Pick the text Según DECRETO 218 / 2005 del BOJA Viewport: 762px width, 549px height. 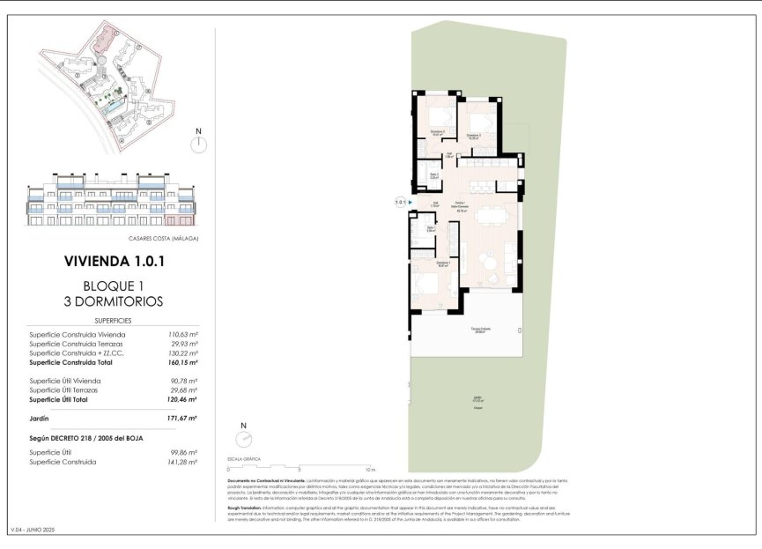pyautogui.click(x=85, y=438)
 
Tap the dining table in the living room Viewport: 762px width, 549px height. pyautogui.click(x=500, y=217)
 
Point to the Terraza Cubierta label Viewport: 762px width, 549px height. pyautogui.click(x=479, y=330)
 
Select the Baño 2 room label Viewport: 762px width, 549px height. pyautogui.click(x=434, y=175)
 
